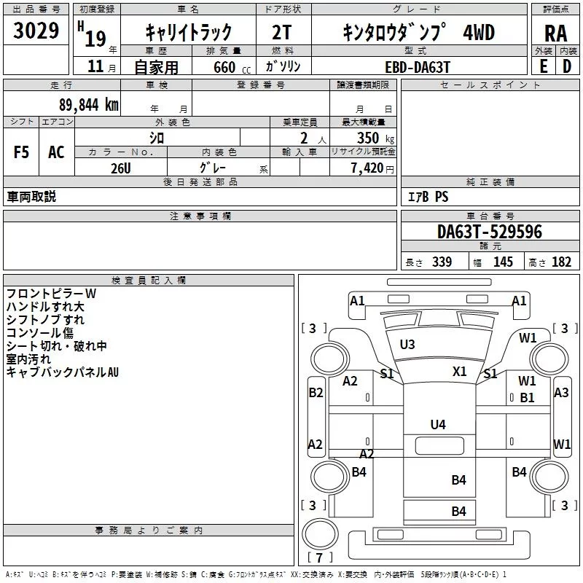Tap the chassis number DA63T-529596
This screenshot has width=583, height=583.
489,232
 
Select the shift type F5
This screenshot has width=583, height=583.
21,152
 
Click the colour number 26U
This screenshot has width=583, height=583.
120,167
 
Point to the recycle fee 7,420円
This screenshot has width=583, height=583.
371,168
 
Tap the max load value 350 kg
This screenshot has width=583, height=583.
371,138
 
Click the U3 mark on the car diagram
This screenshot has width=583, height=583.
407,344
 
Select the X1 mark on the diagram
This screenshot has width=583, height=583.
459,371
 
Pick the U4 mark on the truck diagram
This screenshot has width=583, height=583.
437,424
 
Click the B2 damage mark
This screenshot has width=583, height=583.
316,393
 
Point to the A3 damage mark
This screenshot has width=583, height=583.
561,393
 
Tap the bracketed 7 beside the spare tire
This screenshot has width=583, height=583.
319,557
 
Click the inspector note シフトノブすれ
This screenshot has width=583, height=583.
45,319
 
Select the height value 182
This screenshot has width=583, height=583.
561,262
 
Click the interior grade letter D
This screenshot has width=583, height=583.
566,66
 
